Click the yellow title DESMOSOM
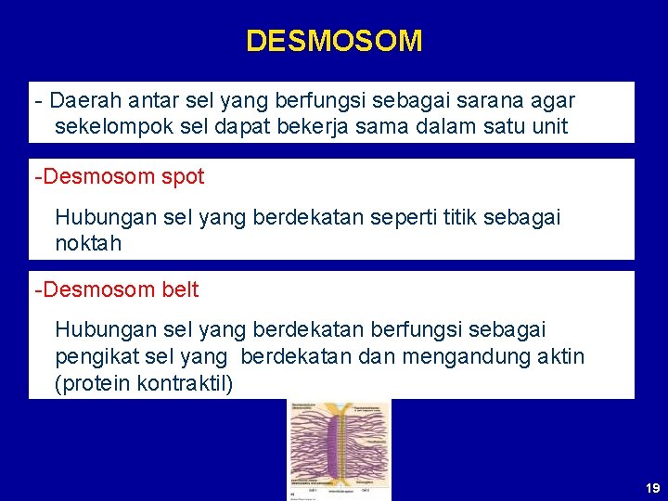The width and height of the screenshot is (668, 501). pos(334,41)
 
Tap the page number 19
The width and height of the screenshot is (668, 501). pos(652,488)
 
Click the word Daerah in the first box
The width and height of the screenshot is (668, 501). pos(81,99)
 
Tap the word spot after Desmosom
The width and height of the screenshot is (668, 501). pos(181,176)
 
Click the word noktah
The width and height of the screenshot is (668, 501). pos(88,244)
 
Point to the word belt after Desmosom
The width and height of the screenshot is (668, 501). pos(179,289)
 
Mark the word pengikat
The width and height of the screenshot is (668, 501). pos(96,357)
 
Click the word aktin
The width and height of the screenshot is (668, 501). pos(559,357)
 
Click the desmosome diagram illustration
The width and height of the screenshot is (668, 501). pos(340,450)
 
